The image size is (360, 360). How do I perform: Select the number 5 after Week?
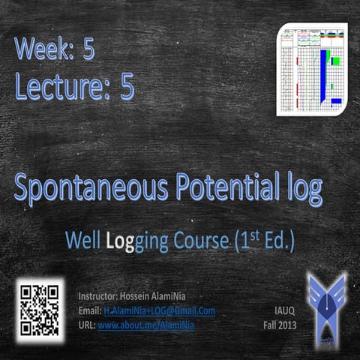pyautogui.click(x=88, y=49)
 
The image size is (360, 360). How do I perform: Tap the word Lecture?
pyautogui.click(x=59, y=88)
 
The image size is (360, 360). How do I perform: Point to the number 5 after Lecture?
pyautogui.click(x=127, y=88)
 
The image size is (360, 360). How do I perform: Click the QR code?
pyautogui.click(x=39, y=309)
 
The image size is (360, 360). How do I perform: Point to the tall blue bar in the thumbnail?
pyautogui.click(x=323, y=75)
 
